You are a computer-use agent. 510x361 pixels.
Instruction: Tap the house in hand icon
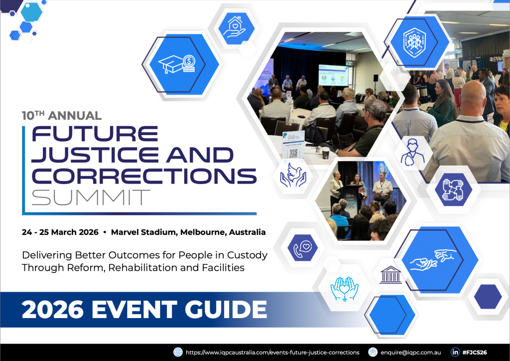click(x=236, y=28)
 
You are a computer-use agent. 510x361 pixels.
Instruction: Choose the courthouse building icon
click(x=390, y=275)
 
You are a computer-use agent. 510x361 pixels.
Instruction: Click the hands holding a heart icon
click(x=345, y=288)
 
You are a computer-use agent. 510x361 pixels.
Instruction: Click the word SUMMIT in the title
click(x=91, y=197)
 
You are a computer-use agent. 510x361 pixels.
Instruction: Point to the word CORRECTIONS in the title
click(x=144, y=175)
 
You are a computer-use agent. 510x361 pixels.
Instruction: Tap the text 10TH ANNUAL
click(x=62, y=116)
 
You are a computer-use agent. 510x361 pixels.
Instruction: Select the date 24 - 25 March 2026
click(x=60, y=232)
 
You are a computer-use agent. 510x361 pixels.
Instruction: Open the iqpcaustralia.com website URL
click(x=272, y=352)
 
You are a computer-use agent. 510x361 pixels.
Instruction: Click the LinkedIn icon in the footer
click(x=455, y=352)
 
